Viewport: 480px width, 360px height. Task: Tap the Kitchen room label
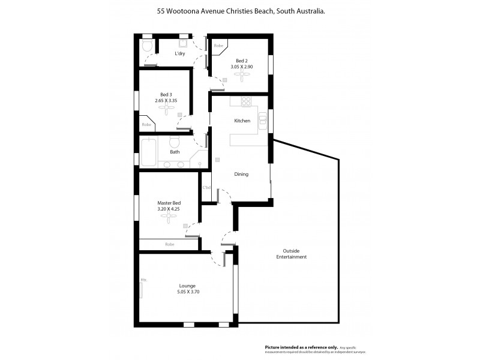pyautogui.click(x=242, y=121)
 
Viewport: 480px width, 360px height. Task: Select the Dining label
pyautogui.click(x=241, y=174)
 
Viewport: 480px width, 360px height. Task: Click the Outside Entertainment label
pyautogui.click(x=292, y=254)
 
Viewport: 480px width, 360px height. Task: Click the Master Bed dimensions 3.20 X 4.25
pyautogui.click(x=169, y=209)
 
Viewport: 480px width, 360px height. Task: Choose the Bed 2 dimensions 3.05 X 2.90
pyautogui.click(x=241, y=67)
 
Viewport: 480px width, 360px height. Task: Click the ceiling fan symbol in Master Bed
pyautogui.click(x=169, y=218)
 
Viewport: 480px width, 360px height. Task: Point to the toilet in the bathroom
pyautogui.click(x=175, y=142)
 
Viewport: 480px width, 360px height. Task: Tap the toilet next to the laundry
pyautogui.click(x=147, y=47)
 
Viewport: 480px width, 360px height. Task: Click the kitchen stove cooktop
pyautogui.click(x=245, y=100)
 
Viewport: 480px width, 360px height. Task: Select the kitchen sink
pyautogui.click(x=262, y=122)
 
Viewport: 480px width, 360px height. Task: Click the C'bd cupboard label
pyautogui.click(x=206, y=188)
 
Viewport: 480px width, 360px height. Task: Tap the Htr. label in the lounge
pyautogui.click(x=144, y=280)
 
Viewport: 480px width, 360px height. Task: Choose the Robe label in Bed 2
pyautogui.click(x=219, y=46)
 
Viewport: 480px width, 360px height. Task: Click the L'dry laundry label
pyautogui.click(x=179, y=54)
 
